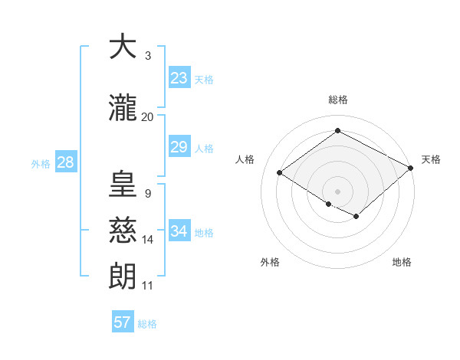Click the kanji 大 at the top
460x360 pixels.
coord(123,47)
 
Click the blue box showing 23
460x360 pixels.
coord(179,78)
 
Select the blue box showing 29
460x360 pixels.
coord(179,147)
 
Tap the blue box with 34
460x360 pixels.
coord(179,231)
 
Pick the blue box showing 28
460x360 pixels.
coord(65,162)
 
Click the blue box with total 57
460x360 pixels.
coord(123,322)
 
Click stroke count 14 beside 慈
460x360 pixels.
coord(148,240)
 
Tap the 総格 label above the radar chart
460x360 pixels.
coord(337,100)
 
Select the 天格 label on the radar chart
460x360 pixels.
coord(431,159)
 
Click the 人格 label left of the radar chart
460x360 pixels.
coord(245,159)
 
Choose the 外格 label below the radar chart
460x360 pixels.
coord(270,262)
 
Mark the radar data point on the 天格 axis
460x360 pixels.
coord(411,169)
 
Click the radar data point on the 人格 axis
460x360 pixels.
coord(279,173)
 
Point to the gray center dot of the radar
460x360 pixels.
coord(337,191)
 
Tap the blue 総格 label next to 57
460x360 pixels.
coord(147,324)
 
